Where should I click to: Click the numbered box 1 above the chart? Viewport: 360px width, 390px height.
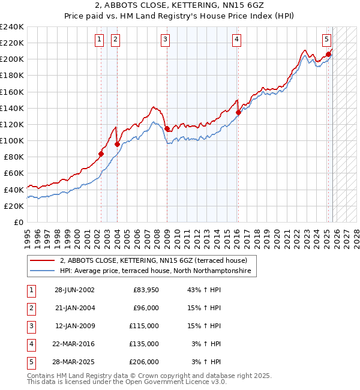point(99,40)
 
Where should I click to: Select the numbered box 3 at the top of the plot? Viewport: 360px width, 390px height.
point(165,40)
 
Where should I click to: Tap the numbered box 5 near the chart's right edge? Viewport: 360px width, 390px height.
point(326,40)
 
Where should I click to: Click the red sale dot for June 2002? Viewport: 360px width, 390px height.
point(101,154)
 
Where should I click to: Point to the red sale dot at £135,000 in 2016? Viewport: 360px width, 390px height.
point(238,112)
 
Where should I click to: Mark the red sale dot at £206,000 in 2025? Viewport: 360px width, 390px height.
point(329,54)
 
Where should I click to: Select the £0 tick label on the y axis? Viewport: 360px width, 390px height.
point(18,222)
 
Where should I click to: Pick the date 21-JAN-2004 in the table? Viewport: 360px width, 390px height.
point(74,308)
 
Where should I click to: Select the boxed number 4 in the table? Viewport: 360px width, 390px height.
point(31,344)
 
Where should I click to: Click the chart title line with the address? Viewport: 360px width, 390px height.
point(180,6)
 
